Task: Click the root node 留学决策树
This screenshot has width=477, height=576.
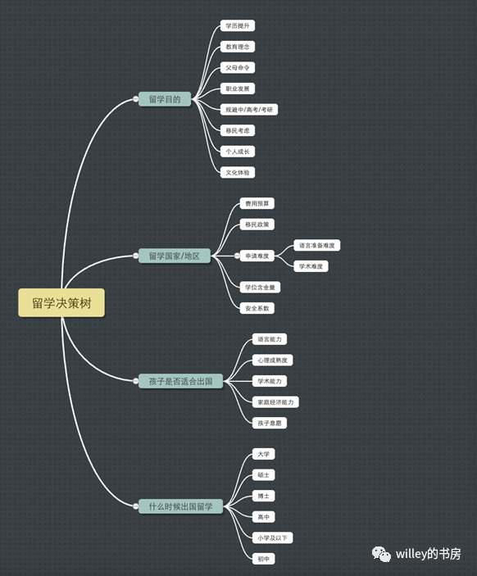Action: coord(61,302)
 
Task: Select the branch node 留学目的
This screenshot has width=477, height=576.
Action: coord(165,99)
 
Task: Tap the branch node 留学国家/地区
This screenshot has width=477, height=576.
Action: coord(175,256)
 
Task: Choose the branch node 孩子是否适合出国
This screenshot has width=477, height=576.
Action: coord(180,381)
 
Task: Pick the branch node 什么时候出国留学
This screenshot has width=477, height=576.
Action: coord(180,506)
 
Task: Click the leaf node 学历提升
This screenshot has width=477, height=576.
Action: coord(238,25)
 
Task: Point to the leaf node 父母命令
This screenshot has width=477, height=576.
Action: coord(238,67)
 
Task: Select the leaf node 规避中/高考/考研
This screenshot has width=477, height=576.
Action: coord(249,110)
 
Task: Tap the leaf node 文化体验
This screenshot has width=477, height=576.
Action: coord(238,172)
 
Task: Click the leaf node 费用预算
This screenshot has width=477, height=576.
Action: coord(257,203)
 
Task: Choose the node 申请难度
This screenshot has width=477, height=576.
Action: coord(257,256)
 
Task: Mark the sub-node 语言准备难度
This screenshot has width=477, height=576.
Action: coord(317,245)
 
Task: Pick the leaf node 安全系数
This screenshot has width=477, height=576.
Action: coord(257,308)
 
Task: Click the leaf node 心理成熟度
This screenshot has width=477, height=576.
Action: coord(272,360)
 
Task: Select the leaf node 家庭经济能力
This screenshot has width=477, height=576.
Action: coord(275,401)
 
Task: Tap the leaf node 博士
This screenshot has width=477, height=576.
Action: coord(263,496)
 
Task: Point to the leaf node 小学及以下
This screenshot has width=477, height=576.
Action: coord(272,537)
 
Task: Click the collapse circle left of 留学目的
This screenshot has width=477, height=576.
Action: coord(135,99)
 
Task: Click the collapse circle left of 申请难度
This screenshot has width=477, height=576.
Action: coord(237,256)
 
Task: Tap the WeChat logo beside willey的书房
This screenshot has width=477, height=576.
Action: coord(381,554)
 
